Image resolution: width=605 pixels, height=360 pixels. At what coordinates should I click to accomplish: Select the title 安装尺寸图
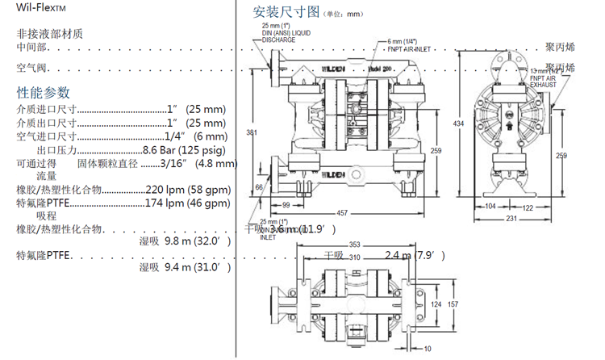click(x=286, y=13)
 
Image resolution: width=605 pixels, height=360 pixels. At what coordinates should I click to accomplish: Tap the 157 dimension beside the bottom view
click(x=453, y=303)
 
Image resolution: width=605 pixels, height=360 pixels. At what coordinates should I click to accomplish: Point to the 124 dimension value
click(x=436, y=303)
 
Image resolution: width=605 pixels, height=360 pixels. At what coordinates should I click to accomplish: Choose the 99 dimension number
click(x=286, y=205)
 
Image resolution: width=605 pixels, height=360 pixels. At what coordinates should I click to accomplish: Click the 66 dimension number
click(x=259, y=186)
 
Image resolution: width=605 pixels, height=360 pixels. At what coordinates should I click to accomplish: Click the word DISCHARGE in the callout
click(x=278, y=39)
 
